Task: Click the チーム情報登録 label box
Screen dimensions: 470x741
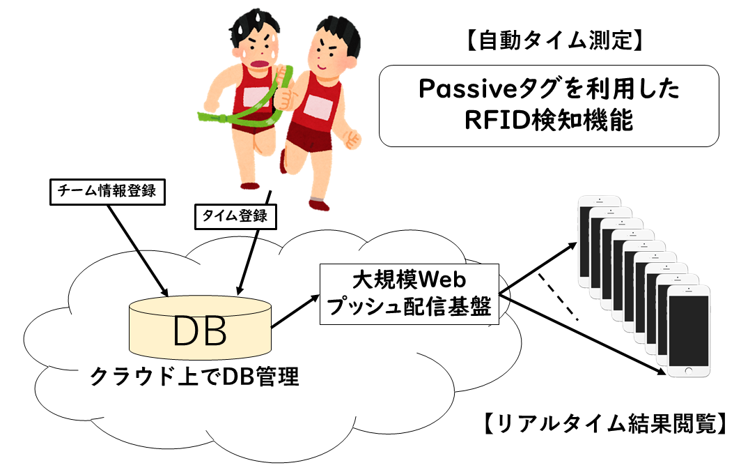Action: coord(108,193)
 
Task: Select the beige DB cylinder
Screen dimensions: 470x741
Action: coord(200,326)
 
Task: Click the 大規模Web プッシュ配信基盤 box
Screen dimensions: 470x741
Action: coord(409,293)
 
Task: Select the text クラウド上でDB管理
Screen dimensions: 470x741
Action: coord(195,377)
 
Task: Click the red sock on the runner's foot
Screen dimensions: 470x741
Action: coord(318,204)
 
